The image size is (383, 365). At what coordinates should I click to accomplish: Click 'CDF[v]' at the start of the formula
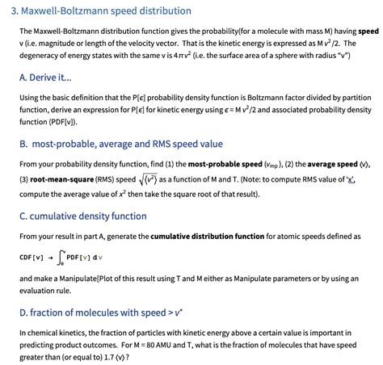pyautogui.click(x=32, y=258)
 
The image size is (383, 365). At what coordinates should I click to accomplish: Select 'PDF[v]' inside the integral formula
pyautogui.click(x=85, y=258)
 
